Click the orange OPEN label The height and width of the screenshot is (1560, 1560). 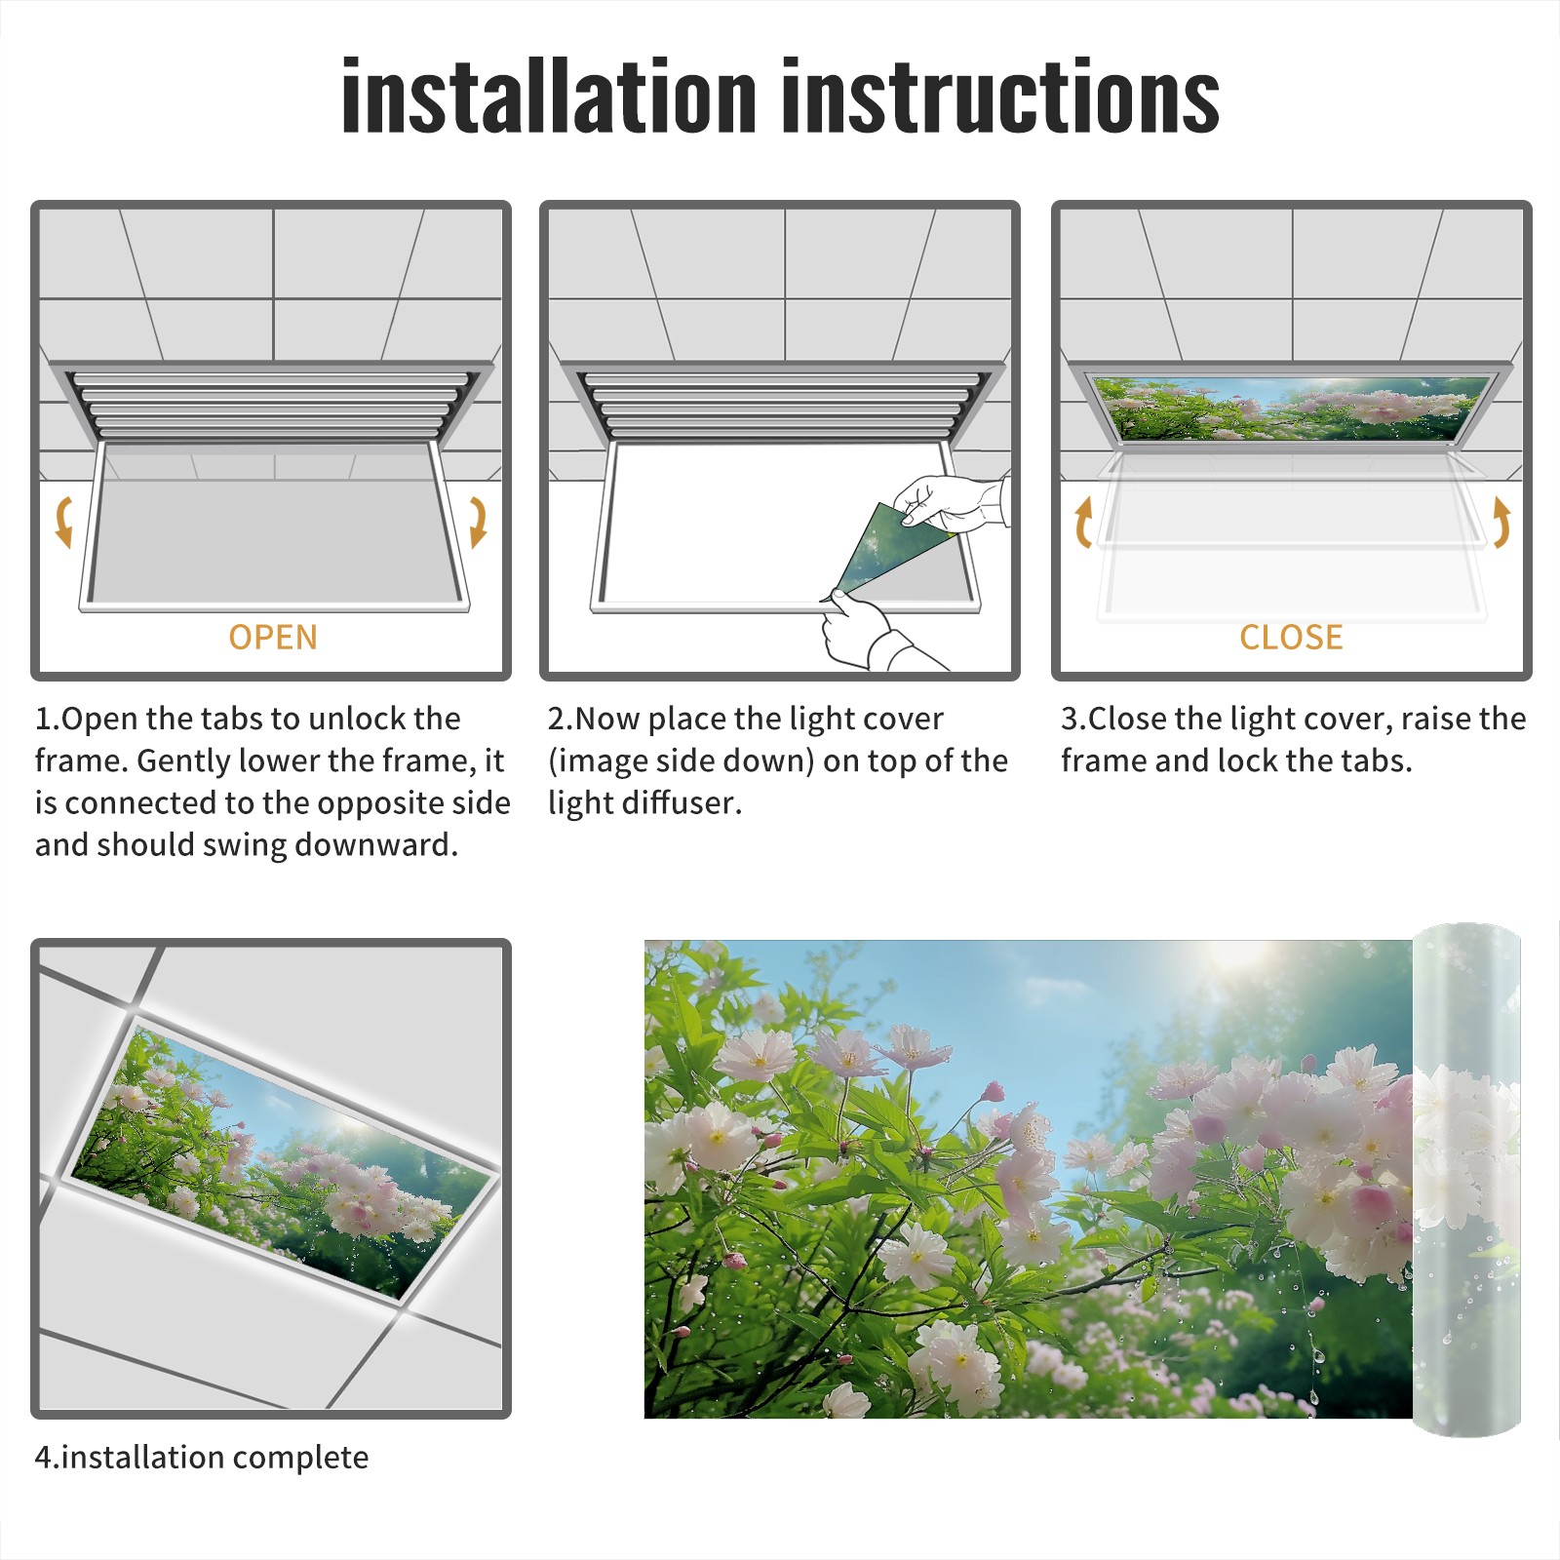point(273,637)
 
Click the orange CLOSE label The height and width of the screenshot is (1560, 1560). point(1291,637)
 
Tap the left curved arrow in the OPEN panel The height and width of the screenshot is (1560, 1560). point(64,522)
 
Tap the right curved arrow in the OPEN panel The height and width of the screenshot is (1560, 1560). point(478,522)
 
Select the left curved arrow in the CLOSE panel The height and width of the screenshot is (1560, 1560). point(1083,522)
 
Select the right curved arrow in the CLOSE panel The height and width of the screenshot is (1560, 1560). point(1501,522)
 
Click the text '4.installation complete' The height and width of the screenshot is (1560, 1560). point(202,1457)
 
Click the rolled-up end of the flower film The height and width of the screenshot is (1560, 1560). point(1466,1180)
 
